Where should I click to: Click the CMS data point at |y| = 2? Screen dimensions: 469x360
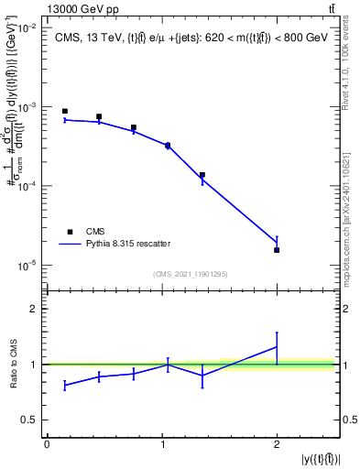pos(277,250)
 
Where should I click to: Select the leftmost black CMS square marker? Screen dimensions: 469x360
pos(65,111)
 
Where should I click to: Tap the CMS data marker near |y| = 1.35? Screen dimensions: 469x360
pos(202,175)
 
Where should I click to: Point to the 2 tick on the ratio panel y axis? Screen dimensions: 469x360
pos(34,309)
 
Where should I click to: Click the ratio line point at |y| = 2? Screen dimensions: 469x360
pos(277,346)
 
